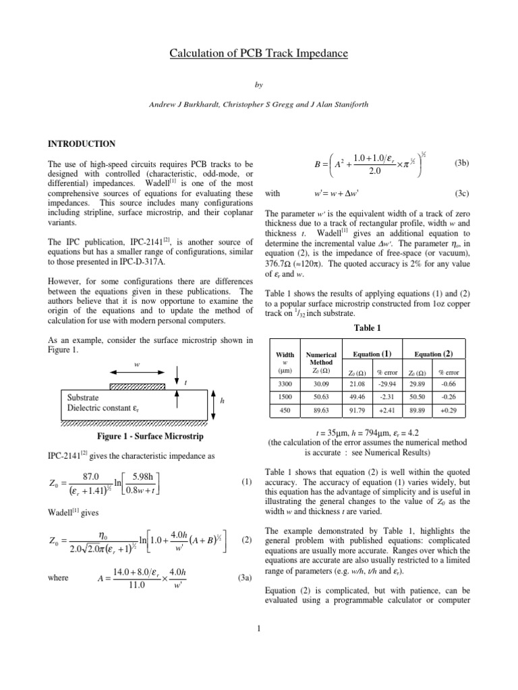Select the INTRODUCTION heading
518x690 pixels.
(x=81, y=144)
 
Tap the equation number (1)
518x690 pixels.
(x=246, y=483)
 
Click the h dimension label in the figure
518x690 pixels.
(x=222, y=401)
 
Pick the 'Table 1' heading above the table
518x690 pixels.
(x=367, y=327)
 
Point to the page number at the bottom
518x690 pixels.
(x=258, y=629)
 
